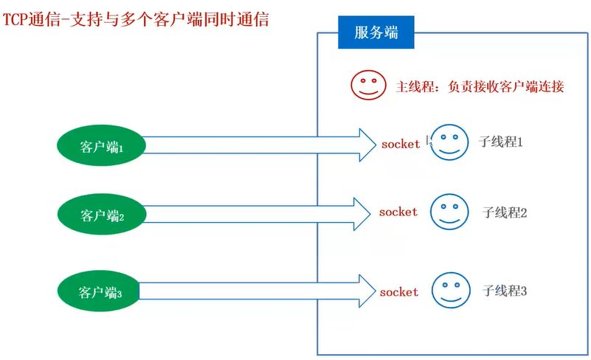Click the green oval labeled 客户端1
click(101, 146)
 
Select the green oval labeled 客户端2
click(101, 215)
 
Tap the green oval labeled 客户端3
click(100, 292)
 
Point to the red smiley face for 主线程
click(367, 86)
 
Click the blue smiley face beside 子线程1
click(449, 142)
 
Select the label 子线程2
click(505, 212)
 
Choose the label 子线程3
click(505, 291)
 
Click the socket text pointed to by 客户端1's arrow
click(400, 144)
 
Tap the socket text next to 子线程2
click(398, 212)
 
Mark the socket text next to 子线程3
click(399, 292)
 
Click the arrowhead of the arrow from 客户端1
click(367, 145)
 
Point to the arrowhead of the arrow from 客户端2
click(363, 214)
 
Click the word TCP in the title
click(17, 18)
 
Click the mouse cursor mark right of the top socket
click(429, 141)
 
